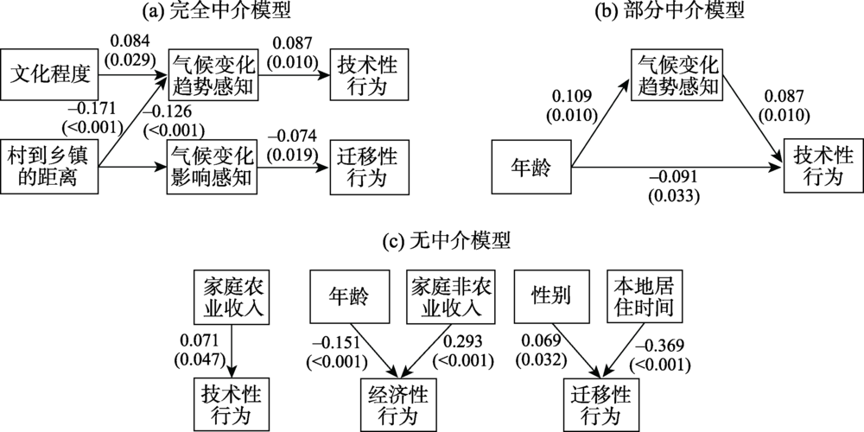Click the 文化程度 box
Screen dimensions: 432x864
coord(50,73)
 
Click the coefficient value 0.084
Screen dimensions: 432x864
coord(129,43)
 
